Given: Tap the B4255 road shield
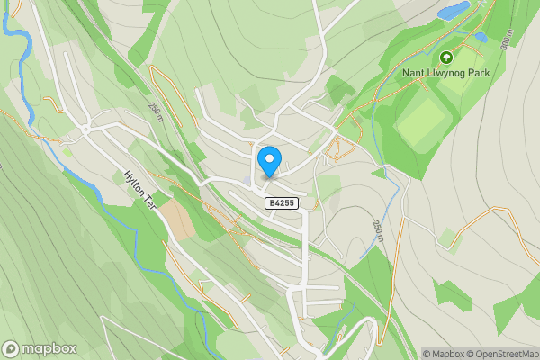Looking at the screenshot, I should tap(281, 204).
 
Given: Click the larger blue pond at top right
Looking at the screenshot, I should tap(453, 11).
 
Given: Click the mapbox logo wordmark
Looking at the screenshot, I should tap(40, 348).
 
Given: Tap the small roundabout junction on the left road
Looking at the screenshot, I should tap(85, 129).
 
